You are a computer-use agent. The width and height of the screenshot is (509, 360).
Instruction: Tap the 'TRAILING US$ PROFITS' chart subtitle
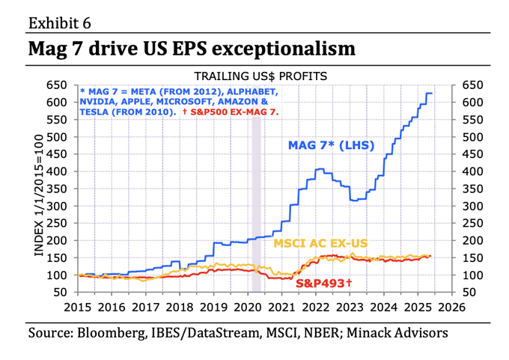[x=260, y=76]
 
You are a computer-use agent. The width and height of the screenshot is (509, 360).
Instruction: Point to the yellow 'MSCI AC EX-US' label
[x=320, y=244]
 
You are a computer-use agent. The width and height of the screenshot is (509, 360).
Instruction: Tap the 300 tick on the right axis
[x=474, y=206]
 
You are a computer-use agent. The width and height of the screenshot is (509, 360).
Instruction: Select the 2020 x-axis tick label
[x=247, y=306]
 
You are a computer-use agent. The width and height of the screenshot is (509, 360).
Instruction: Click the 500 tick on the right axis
[x=474, y=137]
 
